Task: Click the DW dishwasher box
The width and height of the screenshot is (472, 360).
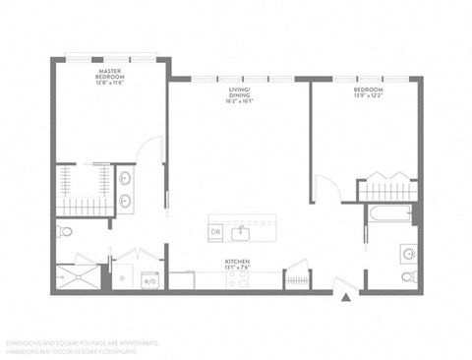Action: click(215, 232)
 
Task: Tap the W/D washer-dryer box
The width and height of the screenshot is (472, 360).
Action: click(150, 280)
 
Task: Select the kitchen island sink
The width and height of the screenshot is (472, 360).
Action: click(241, 232)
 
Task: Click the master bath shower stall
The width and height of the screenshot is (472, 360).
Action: click(77, 275)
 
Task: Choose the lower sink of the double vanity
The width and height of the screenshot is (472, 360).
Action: click(126, 204)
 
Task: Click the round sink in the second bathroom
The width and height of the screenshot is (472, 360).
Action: click(407, 253)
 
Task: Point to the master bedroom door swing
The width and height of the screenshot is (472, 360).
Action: click(150, 151)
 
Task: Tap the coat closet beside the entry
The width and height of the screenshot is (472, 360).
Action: click(297, 279)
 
